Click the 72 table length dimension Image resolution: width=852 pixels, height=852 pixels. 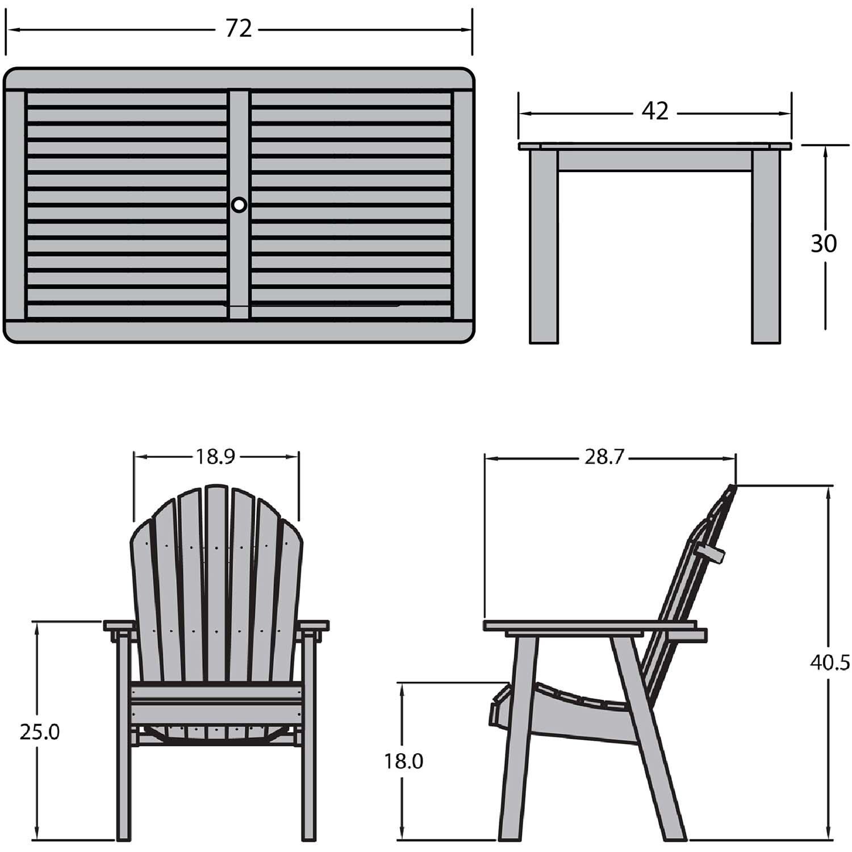coord(239,28)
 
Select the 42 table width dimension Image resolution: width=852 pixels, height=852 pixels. coord(655,111)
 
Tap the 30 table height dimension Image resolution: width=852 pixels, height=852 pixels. coord(823,244)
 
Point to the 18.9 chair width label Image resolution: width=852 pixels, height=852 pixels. coord(216,457)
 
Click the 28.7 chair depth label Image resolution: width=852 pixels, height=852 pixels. coord(604,457)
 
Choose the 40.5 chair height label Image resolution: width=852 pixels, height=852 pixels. coord(830,662)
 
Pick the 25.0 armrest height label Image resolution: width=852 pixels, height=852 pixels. coord(39,732)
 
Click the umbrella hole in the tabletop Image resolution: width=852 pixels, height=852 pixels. coord(239,204)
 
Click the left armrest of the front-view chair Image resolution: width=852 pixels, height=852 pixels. coord(119,626)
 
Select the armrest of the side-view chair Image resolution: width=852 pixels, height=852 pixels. coord(591,626)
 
